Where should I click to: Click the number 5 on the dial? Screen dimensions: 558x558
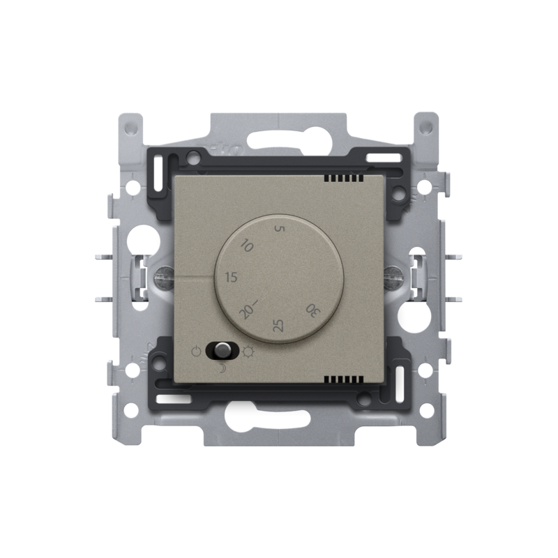point(280,228)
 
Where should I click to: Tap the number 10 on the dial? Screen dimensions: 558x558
point(247,246)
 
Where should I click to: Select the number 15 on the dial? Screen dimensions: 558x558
point(232,277)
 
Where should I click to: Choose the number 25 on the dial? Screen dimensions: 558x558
point(278,325)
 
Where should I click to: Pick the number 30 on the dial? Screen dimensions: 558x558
point(313,310)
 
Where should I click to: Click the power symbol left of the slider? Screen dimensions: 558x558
point(197,352)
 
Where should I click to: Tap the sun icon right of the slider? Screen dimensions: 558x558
point(248,352)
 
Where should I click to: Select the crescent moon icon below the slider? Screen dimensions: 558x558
point(222,369)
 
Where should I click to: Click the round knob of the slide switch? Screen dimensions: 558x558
point(223,349)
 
